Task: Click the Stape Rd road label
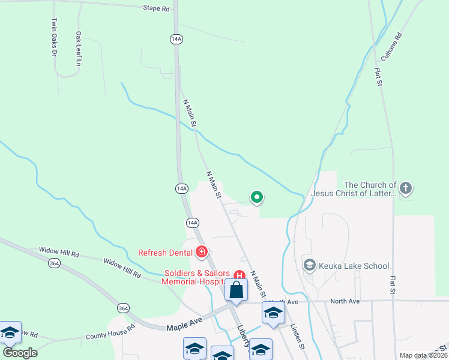[155, 8]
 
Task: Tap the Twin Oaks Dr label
[54, 37]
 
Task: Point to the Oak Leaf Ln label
[78, 49]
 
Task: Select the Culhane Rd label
[391, 46]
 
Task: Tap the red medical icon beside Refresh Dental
[202, 252]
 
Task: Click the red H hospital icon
[239, 276]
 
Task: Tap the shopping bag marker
[237, 290]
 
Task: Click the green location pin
[257, 197]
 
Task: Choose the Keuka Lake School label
[354, 266]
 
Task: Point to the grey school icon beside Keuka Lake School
[310, 265]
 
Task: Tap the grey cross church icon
[406, 189]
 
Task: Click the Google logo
[20, 353]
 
